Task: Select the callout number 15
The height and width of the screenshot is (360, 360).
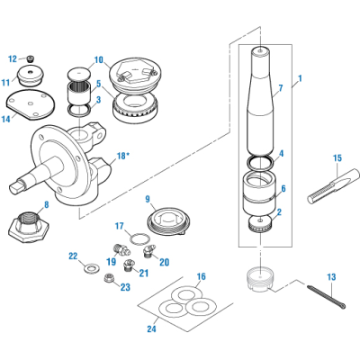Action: (x=337, y=158)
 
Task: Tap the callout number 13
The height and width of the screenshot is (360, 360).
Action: (x=331, y=278)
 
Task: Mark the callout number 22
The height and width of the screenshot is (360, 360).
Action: (x=74, y=256)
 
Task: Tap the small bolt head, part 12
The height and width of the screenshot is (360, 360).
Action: (x=36, y=58)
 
